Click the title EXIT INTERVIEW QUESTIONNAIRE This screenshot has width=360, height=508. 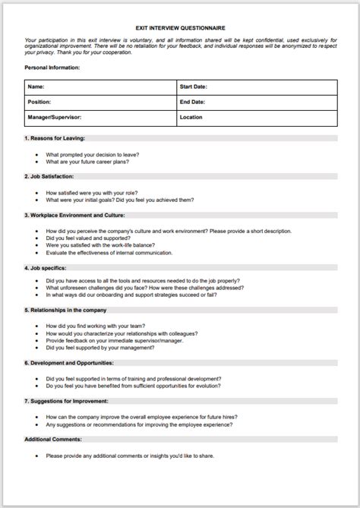point(180,25)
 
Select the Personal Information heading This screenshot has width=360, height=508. point(52,68)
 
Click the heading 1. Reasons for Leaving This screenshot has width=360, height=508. point(55,138)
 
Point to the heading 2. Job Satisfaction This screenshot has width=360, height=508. point(52,176)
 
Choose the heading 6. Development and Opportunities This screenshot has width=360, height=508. point(72,363)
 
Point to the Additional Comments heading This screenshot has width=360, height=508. point(53,439)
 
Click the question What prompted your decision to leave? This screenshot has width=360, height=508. point(92,154)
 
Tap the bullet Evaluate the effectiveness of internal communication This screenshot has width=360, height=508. point(120,254)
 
